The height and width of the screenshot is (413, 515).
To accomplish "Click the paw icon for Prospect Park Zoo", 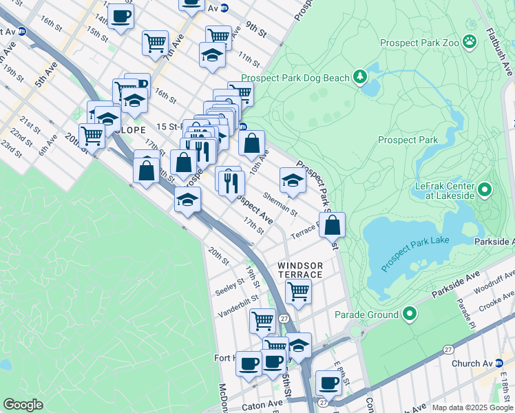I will tap(470, 42).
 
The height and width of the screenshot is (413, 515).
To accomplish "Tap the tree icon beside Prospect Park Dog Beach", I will tap(359, 78).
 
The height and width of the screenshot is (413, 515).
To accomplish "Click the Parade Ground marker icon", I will tap(410, 315).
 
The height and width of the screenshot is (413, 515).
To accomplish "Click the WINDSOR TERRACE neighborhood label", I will tap(300, 270).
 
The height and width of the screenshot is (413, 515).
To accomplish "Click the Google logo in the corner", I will tap(23, 405).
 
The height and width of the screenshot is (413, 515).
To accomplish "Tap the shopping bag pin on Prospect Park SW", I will tap(332, 225).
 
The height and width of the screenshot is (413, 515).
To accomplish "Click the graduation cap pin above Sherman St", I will tap(293, 180).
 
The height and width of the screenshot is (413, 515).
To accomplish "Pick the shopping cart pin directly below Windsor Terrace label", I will tap(298, 290).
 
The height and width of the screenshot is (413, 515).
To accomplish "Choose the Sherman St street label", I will tap(280, 204).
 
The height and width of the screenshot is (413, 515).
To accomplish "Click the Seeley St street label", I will tap(231, 284).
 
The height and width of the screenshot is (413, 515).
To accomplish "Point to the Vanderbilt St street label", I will tap(238, 300).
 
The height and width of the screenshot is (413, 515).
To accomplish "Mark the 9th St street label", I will tap(256, 31).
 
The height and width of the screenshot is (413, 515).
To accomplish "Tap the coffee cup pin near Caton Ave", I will tap(328, 382).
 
